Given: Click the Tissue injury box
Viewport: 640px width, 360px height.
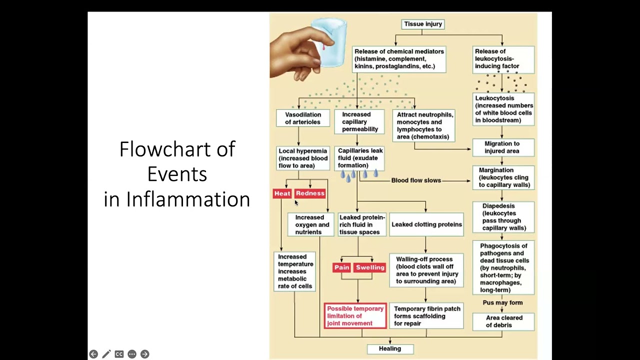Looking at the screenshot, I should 423,24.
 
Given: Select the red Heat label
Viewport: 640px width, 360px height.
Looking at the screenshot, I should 282,193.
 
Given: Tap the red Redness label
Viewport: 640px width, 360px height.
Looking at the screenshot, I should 310,193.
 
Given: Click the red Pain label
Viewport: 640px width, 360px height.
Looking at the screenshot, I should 341,267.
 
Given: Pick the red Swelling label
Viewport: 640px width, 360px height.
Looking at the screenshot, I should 370,267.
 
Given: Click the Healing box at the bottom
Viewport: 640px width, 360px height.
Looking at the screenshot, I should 390,348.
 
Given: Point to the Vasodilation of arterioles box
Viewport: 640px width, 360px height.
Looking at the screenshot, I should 303,118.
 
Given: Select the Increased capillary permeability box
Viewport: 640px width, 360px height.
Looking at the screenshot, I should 359,122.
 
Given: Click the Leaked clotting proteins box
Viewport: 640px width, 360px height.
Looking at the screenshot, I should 426,224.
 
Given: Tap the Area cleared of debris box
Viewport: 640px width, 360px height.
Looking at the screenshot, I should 504,321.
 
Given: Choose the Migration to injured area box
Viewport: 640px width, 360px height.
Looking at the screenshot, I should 502,147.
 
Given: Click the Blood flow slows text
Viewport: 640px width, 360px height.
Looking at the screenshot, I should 416,180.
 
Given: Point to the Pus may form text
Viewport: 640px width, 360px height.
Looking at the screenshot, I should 502,303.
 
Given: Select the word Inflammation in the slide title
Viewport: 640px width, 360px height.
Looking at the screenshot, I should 188,199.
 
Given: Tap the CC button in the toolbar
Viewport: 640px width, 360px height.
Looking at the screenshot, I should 119,354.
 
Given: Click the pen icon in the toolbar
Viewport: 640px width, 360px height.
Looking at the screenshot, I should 106,354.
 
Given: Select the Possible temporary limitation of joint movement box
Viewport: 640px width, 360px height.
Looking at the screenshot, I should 355,316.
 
